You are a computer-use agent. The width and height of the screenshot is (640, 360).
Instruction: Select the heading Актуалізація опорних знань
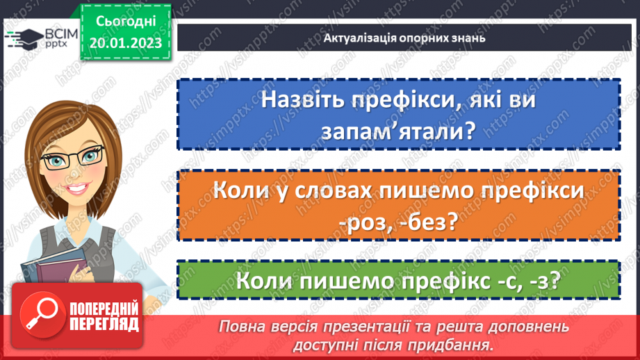pos(404,38)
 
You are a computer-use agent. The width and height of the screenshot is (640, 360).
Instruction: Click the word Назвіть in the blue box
pos(302,100)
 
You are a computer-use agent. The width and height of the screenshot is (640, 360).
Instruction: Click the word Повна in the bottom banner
pos(240,325)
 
